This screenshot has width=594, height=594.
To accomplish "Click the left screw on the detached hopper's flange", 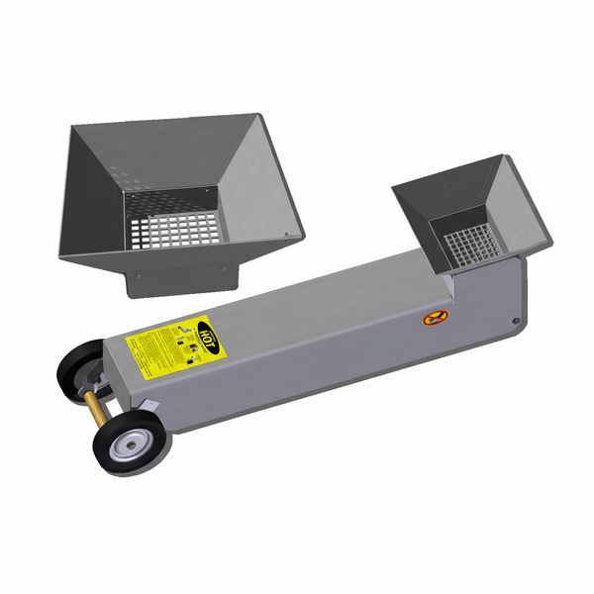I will pyautogui.click(x=138, y=276).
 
